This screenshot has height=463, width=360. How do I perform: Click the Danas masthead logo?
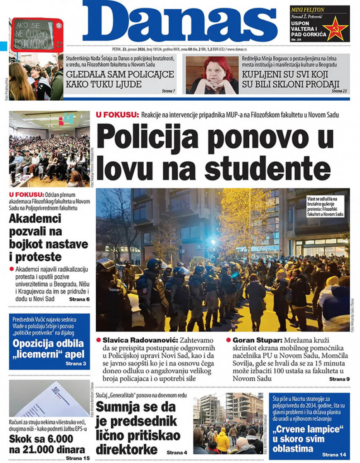(180, 21)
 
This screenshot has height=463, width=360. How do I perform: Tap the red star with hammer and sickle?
(335, 28)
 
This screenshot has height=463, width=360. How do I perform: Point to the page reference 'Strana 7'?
(168, 91)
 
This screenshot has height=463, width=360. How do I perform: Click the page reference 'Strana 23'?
(339, 91)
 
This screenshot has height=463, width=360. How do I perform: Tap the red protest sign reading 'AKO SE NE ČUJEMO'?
(37, 35)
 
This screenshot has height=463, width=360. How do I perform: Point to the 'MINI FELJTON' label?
(308, 9)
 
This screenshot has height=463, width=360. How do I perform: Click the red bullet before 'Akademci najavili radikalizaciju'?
(12, 269)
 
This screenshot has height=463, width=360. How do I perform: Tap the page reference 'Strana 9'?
(339, 379)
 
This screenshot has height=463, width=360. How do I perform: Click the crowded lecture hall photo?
(49, 149)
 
